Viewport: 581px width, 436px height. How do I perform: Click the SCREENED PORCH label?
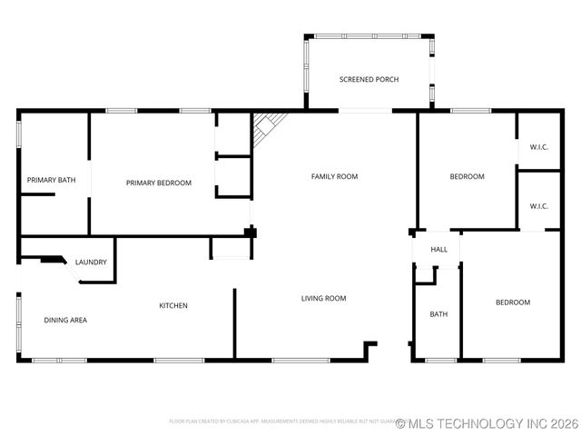tap(368, 80)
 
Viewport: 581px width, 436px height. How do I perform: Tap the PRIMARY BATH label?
tap(51, 181)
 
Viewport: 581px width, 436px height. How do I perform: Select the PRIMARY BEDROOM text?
tap(159, 183)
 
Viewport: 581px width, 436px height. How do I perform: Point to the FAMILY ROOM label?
tap(334, 176)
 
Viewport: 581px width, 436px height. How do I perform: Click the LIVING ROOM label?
tap(323, 298)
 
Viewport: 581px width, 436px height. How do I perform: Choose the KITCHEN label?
tap(173, 305)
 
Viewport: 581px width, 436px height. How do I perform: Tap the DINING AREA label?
tap(65, 320)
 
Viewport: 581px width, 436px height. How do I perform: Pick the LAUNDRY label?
tap(91, 263)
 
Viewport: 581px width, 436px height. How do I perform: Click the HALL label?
tap(438, 249)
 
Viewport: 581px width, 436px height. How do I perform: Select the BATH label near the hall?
tap(438, 314)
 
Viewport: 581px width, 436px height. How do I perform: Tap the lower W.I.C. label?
tap(538, 206)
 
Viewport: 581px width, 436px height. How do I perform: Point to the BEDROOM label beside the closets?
tap(467, 176)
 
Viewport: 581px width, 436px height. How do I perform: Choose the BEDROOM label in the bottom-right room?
tap(512, 302)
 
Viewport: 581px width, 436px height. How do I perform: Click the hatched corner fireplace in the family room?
tap(266, 126)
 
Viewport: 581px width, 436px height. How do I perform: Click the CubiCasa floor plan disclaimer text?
tap(281, 421)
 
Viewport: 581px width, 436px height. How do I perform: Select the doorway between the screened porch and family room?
tap(366, 112)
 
